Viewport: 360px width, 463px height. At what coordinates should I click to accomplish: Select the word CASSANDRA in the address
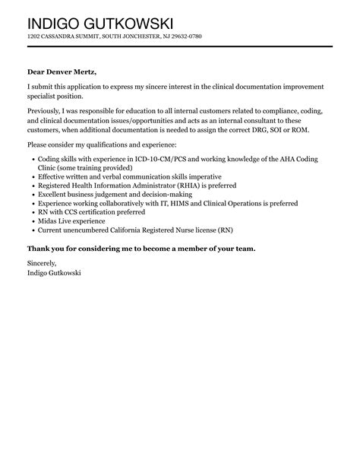(x=60, y=36)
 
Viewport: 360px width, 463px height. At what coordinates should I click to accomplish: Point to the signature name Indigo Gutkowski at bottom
(x=54, y=272)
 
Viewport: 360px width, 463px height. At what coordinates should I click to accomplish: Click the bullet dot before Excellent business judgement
(x=31, y=195)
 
